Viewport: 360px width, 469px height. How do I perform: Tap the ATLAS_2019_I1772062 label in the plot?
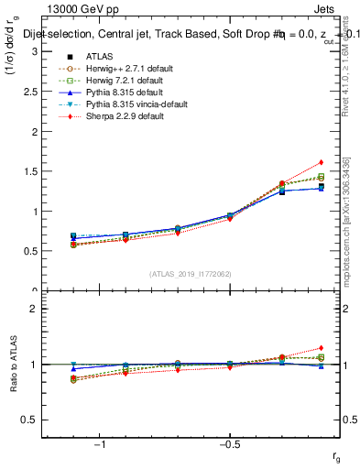[191, 274]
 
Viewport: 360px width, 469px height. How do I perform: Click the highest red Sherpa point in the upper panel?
[322, 162]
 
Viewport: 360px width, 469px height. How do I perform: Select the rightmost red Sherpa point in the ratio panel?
[322, 348]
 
